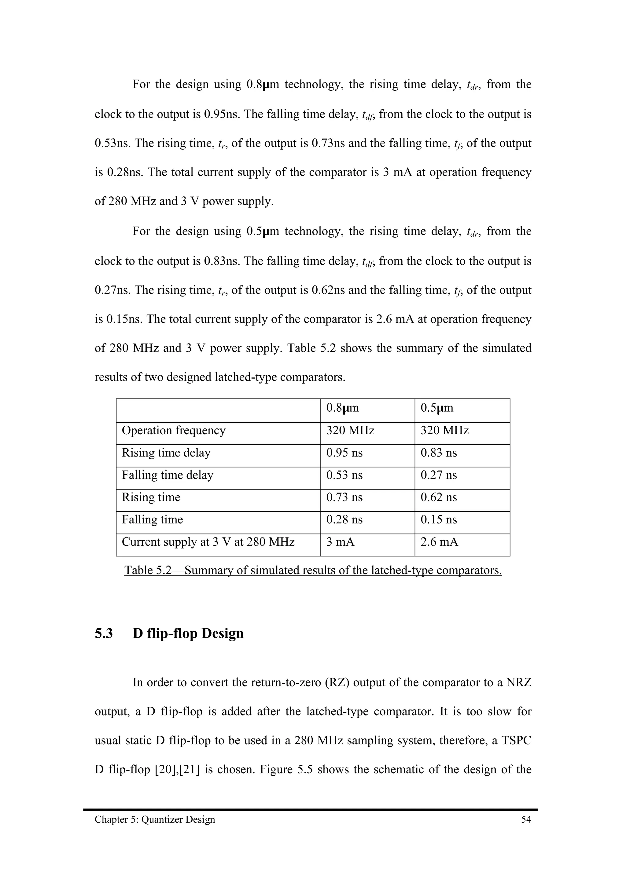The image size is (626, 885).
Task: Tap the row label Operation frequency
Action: coord(174,431)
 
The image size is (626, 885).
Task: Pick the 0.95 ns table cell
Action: coord(344,453)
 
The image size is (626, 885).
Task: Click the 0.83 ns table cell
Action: coord(439,453)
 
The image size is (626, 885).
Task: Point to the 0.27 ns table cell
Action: coord(439,475)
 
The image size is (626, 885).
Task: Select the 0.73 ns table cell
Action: coord(344,497)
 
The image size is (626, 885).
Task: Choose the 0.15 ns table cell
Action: coord(439,520)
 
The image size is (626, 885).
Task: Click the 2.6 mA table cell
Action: coord(439,542)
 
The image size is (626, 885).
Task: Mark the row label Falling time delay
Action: coord(168,475)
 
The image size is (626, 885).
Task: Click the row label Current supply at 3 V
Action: coord(208,542)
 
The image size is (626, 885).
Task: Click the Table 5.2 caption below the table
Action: coord(313,570)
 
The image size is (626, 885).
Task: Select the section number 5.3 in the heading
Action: coord(104,634)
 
